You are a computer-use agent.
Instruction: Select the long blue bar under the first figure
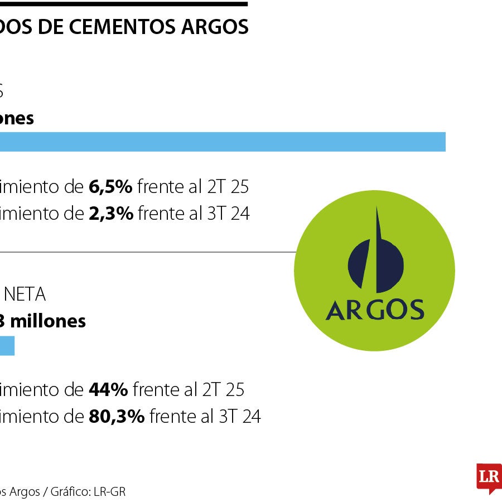[x=223, y=142]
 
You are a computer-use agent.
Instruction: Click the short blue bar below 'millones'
[x=7, y=346]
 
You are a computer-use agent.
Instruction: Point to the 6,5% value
[x=110, y=187]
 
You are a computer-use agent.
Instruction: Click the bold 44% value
[x=108, y=390]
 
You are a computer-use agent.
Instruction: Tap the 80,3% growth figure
[x=117, y=416]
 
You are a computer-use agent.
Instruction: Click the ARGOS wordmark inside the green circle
[x=374, y=310]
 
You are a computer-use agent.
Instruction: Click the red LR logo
[x=489, y=477]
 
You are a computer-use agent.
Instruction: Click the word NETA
[x=25, y=295]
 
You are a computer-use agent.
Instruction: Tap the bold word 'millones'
[x=48, y=321]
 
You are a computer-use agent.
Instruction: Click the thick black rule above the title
[x=123, y=4]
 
